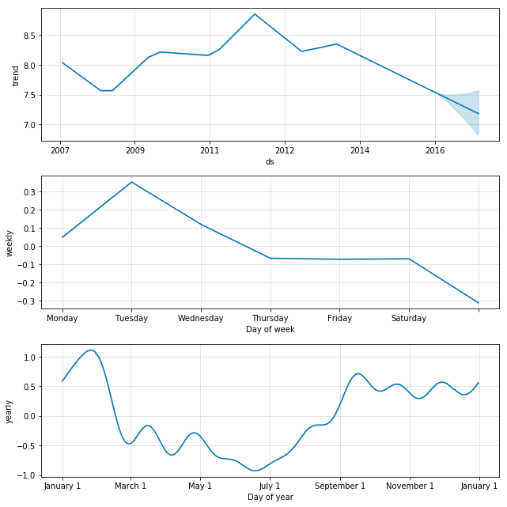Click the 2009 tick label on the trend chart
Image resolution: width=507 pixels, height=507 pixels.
click(134, 150)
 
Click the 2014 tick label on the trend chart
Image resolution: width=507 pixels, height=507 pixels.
click(360, 150)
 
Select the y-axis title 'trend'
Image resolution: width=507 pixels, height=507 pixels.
click(15, 75)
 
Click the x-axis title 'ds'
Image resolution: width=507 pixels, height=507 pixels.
click(270, 161)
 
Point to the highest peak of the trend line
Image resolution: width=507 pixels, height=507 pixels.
click(255, 13)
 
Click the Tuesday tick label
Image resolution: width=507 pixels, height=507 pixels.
click(131, 319)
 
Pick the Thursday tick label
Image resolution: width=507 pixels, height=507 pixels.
click(271, 319)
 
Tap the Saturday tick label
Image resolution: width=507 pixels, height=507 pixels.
click(409, 319)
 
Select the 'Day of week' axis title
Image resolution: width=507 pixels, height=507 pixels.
click(270, 330)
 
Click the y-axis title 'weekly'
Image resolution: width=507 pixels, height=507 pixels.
click(10, 243)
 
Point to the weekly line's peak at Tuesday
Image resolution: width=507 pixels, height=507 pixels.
click(131, 182)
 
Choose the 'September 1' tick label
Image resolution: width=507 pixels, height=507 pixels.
click(340, 486)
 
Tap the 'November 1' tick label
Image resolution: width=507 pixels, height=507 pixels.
click(410, 486)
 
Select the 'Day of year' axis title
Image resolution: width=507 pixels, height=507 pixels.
click(270, 497)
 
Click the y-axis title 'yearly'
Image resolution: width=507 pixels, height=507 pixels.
click(10, 411)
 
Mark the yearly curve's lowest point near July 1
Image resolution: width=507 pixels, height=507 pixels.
click(255, 471)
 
